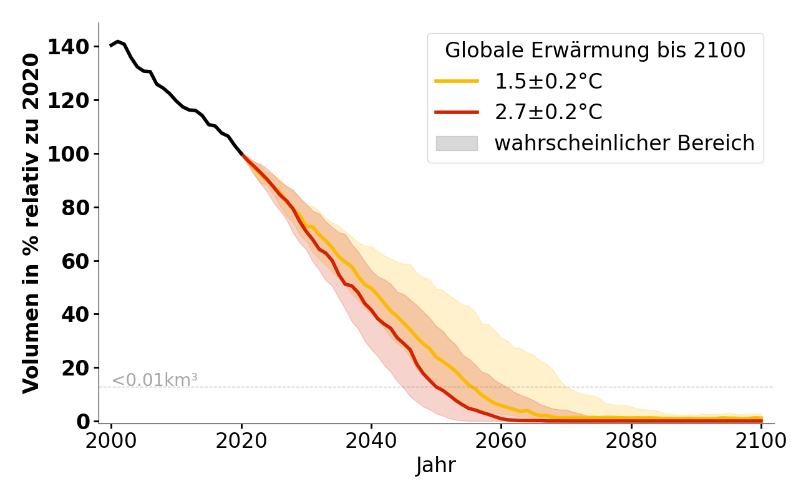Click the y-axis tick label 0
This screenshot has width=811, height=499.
coord(84,422)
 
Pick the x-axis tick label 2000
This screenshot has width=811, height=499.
coord(112,441)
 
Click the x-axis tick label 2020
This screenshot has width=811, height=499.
coord(241,441)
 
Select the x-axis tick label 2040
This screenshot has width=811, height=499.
coord(371,441)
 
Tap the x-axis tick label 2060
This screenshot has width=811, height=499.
coord(501,441)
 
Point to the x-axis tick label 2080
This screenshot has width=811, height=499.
coord(631,441)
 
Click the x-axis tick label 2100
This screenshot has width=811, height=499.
coord(761,441)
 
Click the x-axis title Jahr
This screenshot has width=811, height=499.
coord(436,466)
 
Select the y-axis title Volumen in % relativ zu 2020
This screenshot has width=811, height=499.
coord(31,223)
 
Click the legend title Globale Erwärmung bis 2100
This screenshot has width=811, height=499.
coord(595,51)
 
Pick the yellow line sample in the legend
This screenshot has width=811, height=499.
coord(457,81)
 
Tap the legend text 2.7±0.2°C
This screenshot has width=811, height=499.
coord(548,112)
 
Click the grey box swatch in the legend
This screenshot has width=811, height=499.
coord(457,143)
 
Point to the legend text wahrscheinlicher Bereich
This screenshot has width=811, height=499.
coord(624,143)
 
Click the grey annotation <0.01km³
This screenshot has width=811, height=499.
coord(155,380)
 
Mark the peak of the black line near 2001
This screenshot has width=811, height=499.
coord(118,41)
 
